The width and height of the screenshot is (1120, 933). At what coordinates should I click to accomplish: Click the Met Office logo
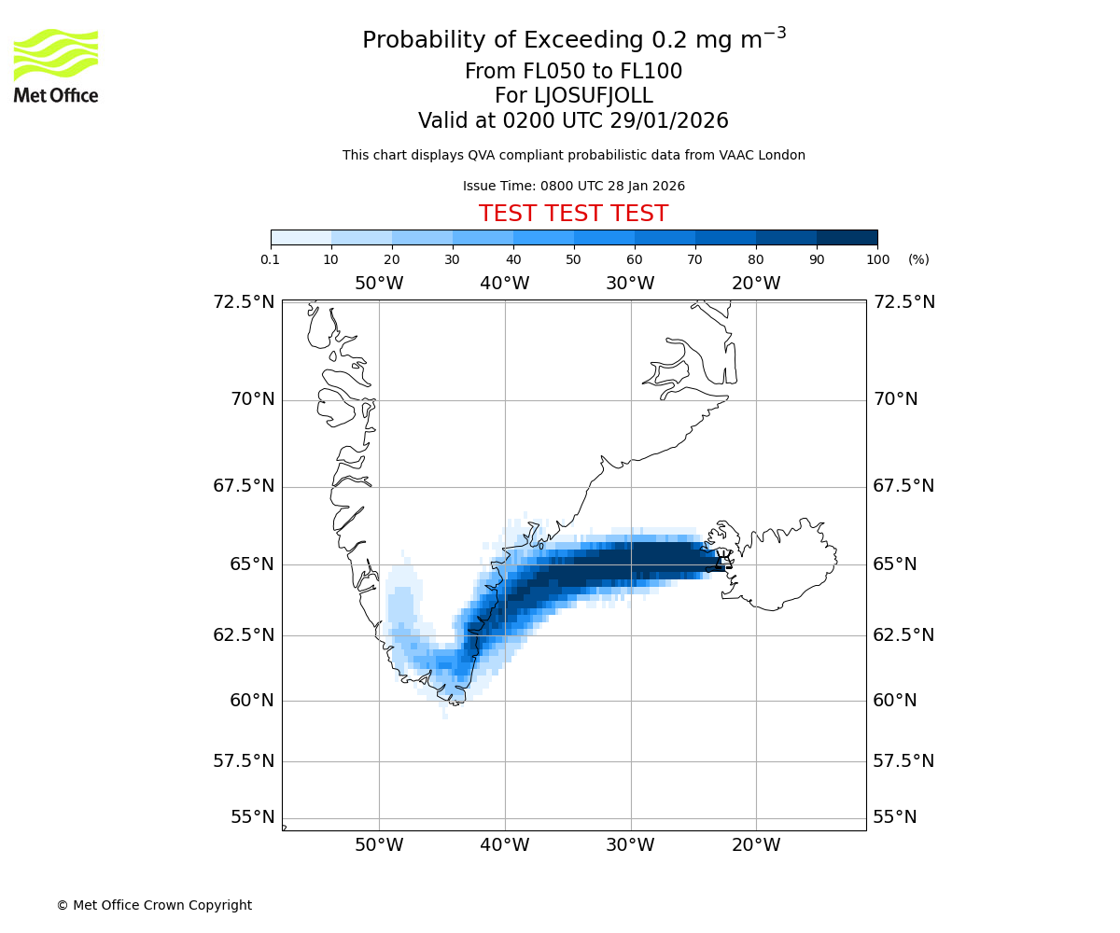pyautogui.click(x=56, y=65)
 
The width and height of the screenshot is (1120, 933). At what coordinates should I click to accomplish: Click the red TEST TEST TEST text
pyautogui.click(x=573, y=214)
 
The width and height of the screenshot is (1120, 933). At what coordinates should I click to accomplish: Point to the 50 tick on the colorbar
pyautogui.click(x=574, y=259)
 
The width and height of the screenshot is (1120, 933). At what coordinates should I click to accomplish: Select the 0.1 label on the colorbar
pyautogui.click(x=271, y=259)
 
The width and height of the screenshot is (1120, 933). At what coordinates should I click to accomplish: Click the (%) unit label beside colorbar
pyautogui.click(x=918, y=259)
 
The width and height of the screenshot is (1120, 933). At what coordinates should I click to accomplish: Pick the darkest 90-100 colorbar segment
pyautogui.click(x=847, y=237)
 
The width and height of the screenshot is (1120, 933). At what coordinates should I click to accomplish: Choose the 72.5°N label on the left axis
pyautogui.click(x=245, y=301)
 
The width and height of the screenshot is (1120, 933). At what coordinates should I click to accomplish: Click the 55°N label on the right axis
pyautogui.click(x=895, y=817)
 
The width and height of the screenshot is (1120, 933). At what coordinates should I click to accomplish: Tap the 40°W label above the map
pyautogui.click(x=505, y=284)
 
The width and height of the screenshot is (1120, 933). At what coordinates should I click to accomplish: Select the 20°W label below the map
pyautogui.click(x=756, y=845)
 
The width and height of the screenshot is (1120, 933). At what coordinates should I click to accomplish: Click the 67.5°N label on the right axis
pyautogui.click(x=903, y=486)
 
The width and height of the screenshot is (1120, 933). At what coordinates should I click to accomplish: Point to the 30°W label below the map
pyautogui.click(x=630, y=845)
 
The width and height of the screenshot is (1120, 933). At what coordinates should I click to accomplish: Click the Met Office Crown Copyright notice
pyautogui.click(x=154, y=905)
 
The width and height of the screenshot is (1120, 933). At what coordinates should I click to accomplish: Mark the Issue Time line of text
pyautogui.click(x=573, y=186)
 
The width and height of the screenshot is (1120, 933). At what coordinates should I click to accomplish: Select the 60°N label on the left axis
pyautogui.click(x=252, y=700)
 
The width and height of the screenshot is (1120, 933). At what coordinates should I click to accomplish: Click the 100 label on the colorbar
pyautogui.click(x=877, y=259)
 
